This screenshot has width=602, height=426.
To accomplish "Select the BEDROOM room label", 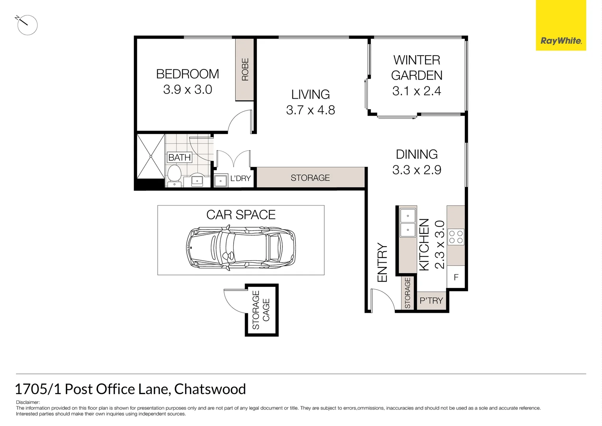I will (x=188, y=74).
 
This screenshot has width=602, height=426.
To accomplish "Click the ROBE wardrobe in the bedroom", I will (x=245, y=69).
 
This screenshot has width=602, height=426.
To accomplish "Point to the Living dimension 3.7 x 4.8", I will (x=310, y=110).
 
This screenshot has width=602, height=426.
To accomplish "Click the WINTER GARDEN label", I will (x=416, y=67).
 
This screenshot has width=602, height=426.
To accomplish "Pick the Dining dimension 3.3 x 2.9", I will (x=416, y=170).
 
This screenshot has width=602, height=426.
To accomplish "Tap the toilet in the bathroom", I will (x=174, y=174).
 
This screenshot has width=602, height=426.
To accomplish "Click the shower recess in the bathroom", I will (x=150, y=156).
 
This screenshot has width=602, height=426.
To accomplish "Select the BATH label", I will (x=180, y=157).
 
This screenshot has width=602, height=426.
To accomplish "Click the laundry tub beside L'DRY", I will (x=221, y=180).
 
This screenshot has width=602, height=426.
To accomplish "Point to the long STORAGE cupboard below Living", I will (x=310, y=178).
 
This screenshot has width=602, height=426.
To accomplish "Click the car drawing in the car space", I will (x=241, y=247).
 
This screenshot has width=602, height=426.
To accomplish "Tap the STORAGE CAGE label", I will (x=261, y=310).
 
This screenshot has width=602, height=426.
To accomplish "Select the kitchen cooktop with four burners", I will (x=456, y=237).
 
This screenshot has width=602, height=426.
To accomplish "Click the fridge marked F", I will (x=456, y=277).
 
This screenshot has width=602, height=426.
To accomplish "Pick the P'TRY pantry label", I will (x=431, y=301).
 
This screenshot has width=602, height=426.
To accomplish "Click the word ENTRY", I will (x=382, y=262).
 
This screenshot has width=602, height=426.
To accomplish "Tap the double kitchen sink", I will (x=408, y=223).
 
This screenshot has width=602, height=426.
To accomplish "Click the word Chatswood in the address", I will (x=210, y=389).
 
